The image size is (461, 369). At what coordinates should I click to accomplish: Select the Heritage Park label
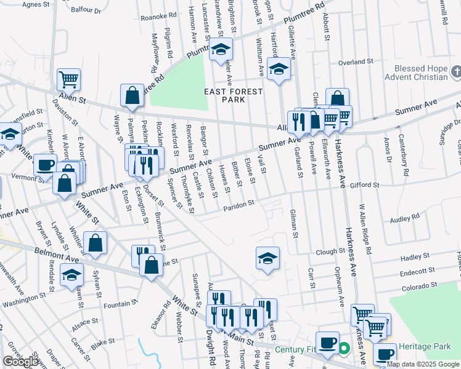425,347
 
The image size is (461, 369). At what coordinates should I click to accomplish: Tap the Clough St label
330,252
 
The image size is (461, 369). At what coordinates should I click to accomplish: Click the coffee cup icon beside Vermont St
45,165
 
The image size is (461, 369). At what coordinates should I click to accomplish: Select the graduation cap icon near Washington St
72,274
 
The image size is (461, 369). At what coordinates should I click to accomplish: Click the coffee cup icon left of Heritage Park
386,354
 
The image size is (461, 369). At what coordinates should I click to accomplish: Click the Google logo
20,362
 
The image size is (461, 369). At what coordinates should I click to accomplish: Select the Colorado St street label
420,285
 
